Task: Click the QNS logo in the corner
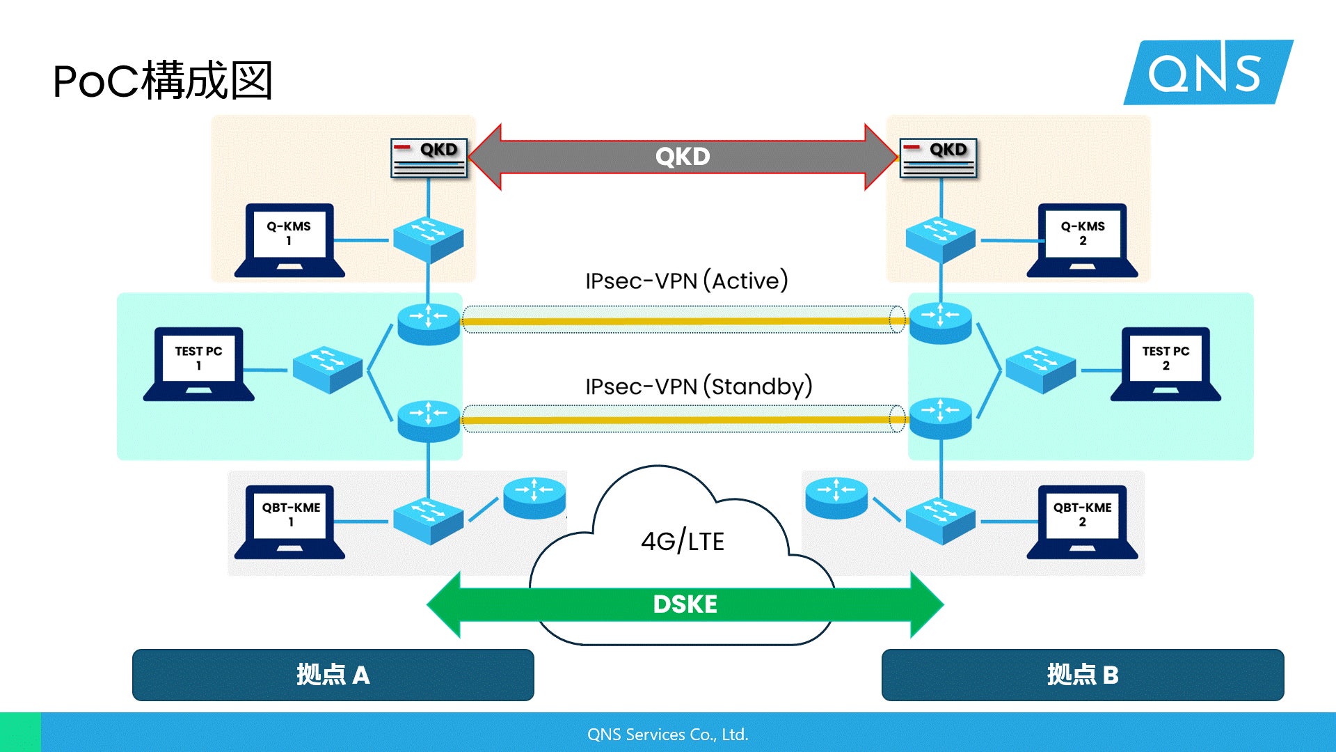point(1208,72)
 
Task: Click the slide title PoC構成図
point(162,81)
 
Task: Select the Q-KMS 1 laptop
point(289,240)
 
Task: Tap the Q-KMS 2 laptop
point(1082,240)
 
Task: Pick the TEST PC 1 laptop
point(198,363)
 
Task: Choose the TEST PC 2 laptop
point(1166,363)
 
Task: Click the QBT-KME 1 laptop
point(290,521)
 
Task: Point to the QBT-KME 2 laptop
point(1082,521)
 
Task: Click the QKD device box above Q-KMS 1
point(429,158)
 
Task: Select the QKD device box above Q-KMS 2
point(938,158)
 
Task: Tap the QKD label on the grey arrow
point(683,157)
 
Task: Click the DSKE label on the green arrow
point(685,604)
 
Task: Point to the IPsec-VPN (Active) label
point(686,281)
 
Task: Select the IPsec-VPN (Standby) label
point(699,386)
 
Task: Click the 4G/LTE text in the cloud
point(683,541)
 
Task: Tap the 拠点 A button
point(333,675)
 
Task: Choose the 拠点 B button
point(1082,675)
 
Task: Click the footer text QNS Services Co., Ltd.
point(667,735)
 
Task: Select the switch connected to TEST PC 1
point(328,370)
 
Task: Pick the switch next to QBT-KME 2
point(940,520)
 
